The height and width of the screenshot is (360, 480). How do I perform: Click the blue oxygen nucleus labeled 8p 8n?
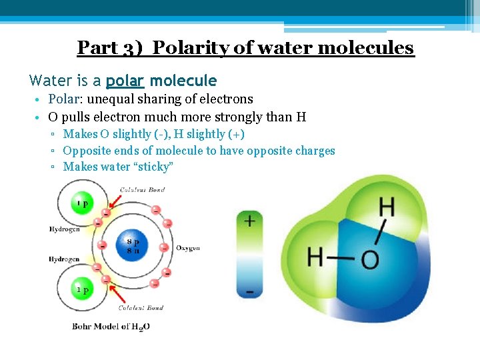(132, 245)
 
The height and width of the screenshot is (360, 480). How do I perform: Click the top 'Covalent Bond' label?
(142, 190)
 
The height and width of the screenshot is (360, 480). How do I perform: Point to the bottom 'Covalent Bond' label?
(141, 308)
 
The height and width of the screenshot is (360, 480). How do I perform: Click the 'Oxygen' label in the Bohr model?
(188, 248)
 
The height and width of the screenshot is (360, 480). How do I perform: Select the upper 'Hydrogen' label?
(64, 229)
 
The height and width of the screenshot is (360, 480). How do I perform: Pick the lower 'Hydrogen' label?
(64, 259)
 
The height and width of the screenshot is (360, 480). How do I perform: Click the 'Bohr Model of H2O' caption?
(111, 327)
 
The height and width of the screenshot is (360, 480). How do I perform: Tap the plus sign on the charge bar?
(249, 220)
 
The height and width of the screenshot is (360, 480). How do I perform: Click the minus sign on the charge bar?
(249, 291)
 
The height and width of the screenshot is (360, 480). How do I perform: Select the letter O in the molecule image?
(371, 259)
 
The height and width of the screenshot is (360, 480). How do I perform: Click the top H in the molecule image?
(387, 207)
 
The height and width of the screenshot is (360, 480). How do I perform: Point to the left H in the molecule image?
(316, 256)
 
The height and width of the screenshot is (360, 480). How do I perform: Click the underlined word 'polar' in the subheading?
(125, 81)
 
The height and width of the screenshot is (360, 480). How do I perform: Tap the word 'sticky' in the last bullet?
(157, 167)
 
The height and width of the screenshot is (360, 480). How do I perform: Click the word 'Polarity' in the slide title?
(195, 48)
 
